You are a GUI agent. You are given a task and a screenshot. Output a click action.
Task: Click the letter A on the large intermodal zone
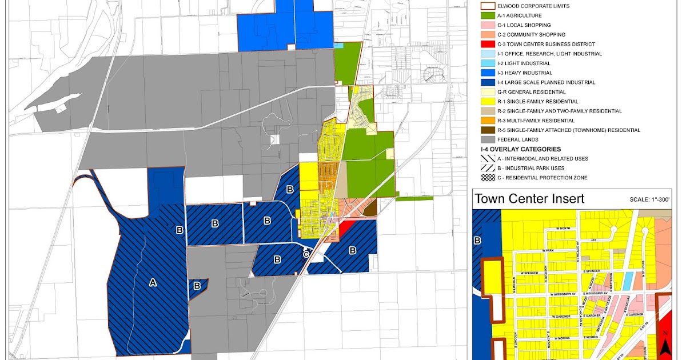[152, 282]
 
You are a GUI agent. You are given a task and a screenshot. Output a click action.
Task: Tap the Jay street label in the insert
[593, 241]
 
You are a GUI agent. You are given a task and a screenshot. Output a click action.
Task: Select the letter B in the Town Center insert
[477, 241]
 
